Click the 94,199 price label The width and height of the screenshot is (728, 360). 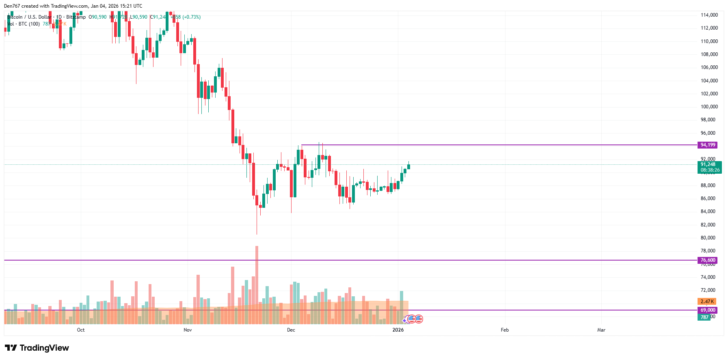[707, 145]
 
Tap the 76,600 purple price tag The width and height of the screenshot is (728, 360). [707, 260]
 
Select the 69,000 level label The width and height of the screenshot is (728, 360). [707, 310]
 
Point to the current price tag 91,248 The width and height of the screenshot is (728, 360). [709, 165]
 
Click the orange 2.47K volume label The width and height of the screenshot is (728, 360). [706, 302]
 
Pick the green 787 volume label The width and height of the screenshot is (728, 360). [704, 317]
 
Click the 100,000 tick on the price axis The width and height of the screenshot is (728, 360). [709, 107]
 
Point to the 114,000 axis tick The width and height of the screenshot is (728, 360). [709, 15]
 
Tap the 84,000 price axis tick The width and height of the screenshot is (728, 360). [709, 211]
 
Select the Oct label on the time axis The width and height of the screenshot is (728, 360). [81, 330]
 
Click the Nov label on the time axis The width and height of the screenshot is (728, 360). [188, 330]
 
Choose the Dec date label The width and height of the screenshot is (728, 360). [291, 330]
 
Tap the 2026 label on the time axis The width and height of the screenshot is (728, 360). [398, 330]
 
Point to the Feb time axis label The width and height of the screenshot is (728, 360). [505, 330]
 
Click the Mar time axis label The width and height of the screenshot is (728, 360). [601, 330]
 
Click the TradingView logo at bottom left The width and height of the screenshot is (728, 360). [37, 348]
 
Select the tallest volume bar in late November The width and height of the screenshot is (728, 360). [257, 284]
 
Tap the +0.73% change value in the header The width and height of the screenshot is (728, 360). [192, 17]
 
